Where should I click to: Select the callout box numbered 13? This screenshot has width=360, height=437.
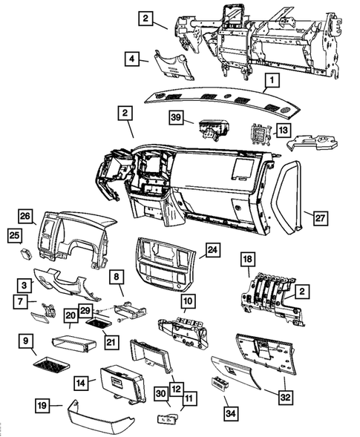(x=284, y=131)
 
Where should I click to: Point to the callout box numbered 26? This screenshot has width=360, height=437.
(x=26, y=217)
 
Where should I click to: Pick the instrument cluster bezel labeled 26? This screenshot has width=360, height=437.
(x=74, y=234)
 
